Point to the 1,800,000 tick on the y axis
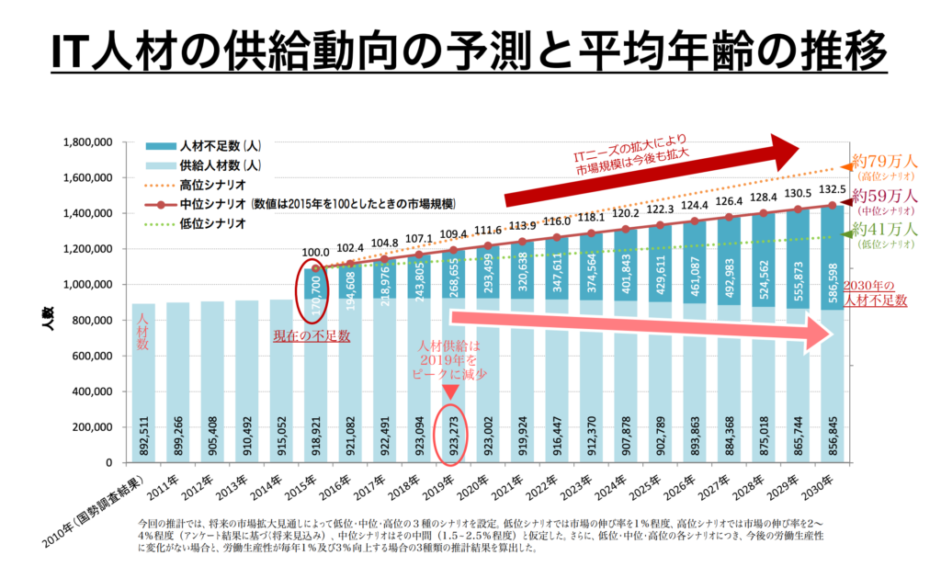[85, 142]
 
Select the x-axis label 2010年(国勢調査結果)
[96, 510]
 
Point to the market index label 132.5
[832, 189]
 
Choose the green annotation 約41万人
[884, 229]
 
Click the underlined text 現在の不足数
[312, 336]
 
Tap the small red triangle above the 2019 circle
[450, 392]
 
